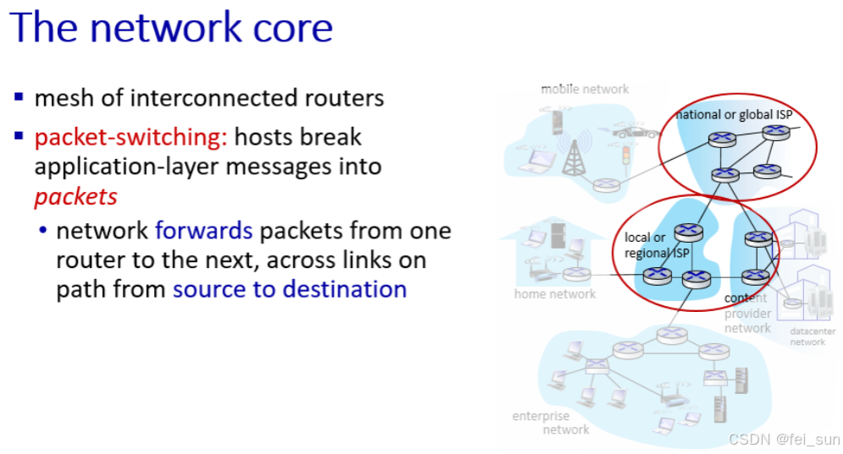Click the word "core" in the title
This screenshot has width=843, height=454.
point(287,28)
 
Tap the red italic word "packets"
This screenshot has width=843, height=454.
point(75,196)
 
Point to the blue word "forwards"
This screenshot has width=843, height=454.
point(203,231)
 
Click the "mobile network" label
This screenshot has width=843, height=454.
point(585,89)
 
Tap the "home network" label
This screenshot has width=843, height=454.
point(554,294)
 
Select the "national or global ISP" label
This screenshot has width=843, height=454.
point(734,115)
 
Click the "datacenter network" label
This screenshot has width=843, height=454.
point(807,336)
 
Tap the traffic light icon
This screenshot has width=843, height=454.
point(627,156)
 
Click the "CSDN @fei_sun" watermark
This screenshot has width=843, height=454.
point(785,440)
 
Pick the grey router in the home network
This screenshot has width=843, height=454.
point(577,273)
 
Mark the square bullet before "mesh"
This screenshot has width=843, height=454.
point(19,97)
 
